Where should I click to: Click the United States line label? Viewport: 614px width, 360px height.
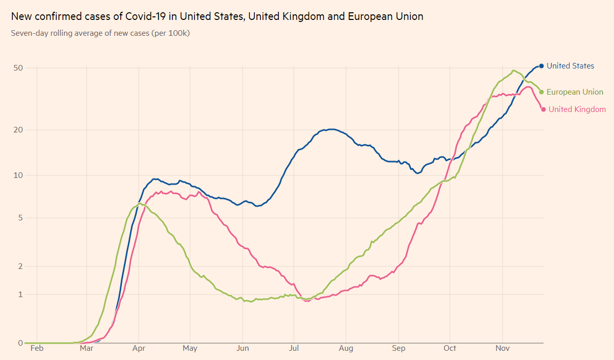(570, 66)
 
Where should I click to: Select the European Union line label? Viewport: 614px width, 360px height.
(575, 92)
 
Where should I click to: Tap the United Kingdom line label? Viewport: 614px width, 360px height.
(577, 109)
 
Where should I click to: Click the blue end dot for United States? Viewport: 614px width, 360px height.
(541, 66)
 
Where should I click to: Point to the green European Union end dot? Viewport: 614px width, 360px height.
(541, 92)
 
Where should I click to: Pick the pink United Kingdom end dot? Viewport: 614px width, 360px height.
(543, 109)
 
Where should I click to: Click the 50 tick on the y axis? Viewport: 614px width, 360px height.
(18, 68)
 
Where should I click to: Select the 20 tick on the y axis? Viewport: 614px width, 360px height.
(18, 130)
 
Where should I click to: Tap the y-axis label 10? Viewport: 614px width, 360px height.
(18, 175)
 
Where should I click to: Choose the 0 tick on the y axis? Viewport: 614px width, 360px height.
(20, 343)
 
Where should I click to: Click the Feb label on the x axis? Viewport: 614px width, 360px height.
(37, 349)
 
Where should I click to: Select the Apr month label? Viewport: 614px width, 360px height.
(139, 349)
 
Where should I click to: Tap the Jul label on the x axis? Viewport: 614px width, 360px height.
(294, 349)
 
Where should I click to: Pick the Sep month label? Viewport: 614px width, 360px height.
(399, 349)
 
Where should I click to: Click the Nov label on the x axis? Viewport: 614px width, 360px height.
(502, 349)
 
